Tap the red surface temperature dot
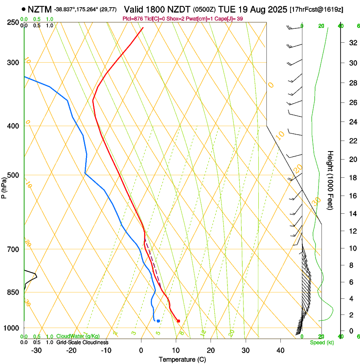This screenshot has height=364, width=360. click(178, 321)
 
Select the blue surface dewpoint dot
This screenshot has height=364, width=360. click(158, 321)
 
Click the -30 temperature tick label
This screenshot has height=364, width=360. click(36, 350)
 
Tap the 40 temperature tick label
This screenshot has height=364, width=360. click(280, 350)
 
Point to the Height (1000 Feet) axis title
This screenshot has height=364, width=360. click(331, 180)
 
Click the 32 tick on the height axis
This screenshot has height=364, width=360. click(352, 43)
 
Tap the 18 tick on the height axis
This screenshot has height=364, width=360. click(352, 178)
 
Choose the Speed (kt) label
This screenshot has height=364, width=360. click(321, 342)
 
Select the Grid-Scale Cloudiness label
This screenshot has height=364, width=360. click(82, 342)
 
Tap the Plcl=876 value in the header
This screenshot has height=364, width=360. click(133, 19)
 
